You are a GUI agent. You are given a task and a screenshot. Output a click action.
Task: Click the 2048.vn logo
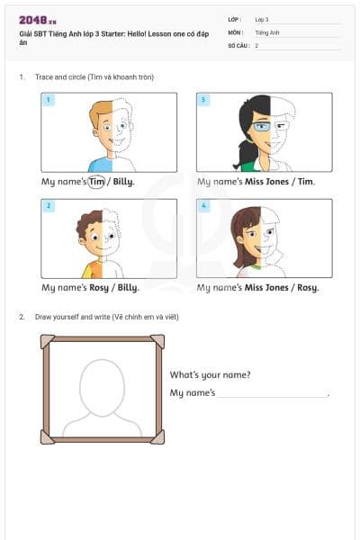(x=38, y=19)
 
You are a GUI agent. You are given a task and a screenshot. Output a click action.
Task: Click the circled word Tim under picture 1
(x=97, y=182)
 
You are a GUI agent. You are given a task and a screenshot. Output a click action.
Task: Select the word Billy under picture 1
(x=123, y=182)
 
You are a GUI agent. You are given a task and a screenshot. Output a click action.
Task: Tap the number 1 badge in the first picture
(x=49, y=100)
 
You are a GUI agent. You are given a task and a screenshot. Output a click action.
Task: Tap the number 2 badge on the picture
(x=49, y=206)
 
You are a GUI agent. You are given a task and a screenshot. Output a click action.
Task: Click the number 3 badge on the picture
(x=203, y=100)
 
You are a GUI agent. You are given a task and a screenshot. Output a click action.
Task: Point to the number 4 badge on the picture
(x=203, y=206)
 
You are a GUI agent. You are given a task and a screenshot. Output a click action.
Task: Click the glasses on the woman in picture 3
(x=260, y=127)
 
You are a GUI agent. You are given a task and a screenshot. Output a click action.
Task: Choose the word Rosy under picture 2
(x=97, y=288)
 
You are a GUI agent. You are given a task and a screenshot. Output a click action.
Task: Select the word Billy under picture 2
(x=127, y=288)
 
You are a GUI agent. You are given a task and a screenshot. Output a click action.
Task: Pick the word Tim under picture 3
(x=306, y=182)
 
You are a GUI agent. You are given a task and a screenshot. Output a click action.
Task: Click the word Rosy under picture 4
(x=307, y=288)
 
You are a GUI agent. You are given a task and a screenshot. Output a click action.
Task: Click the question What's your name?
(x=211, y=375)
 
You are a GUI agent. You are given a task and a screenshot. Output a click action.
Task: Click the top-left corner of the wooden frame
(x=47, y=341)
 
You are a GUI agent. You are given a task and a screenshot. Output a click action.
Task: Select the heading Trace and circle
(x=94, y=77)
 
